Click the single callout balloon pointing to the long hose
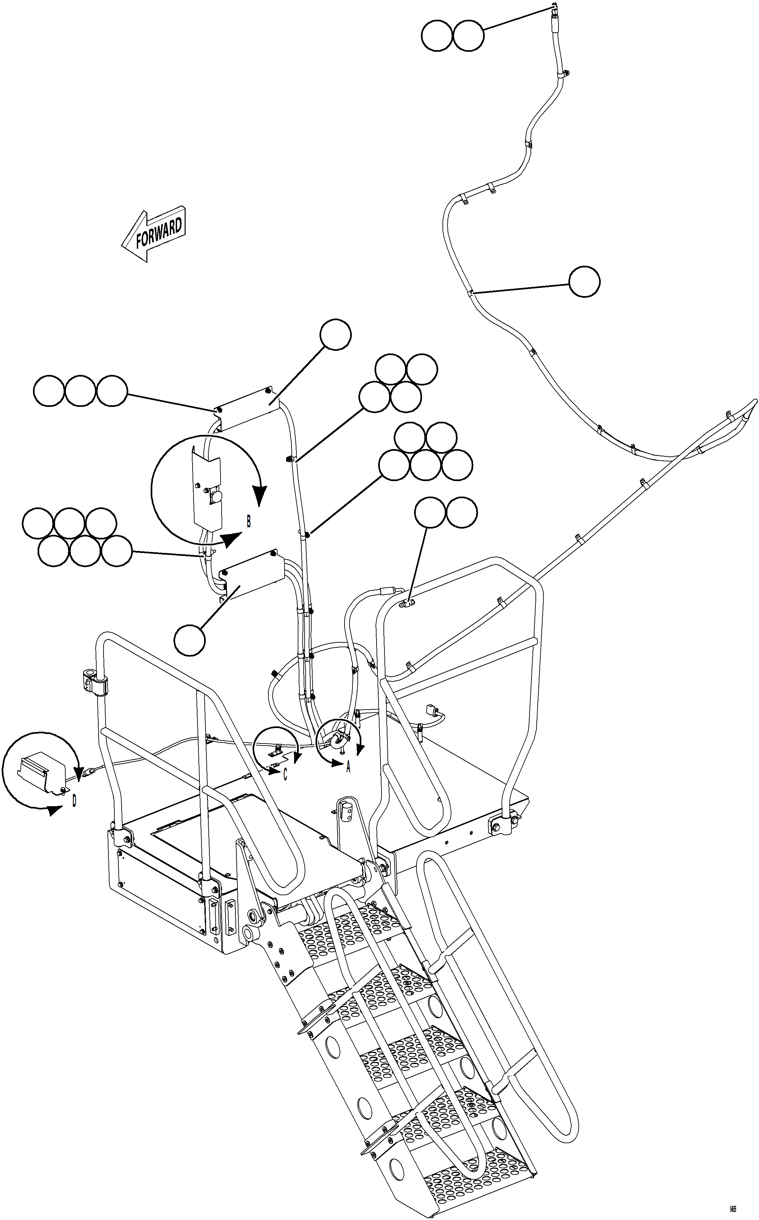[x=584, y=282]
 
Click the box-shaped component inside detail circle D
[x=44, y=771]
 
